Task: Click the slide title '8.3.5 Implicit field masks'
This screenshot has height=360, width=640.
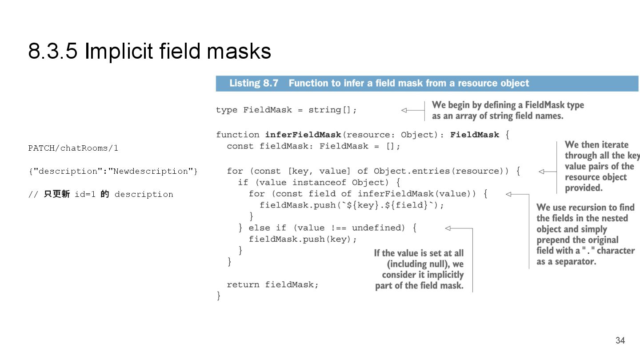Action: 149,51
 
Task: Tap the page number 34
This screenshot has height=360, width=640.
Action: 620,340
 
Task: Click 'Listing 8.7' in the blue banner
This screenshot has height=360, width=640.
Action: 254,83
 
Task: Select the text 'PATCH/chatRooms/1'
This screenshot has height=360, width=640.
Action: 73,148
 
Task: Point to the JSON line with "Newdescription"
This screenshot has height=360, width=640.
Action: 113,171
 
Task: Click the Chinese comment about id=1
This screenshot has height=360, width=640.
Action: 100,194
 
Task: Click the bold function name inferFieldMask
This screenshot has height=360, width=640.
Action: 303,135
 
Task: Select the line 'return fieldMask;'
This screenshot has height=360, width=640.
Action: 272,284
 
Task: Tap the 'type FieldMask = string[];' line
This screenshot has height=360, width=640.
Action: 286,110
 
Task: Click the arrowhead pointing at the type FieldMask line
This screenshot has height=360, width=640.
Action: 404,110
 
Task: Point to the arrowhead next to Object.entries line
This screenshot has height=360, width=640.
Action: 541,171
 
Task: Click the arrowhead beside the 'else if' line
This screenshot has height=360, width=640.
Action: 448,228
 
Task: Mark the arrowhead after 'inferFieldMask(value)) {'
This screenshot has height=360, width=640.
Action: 508,194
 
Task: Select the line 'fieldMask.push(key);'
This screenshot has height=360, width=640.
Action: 303,239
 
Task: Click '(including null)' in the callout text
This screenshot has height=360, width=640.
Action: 419,264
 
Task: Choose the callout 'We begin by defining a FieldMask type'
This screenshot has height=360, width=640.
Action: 508,105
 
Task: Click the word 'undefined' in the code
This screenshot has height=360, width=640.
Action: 378,228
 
